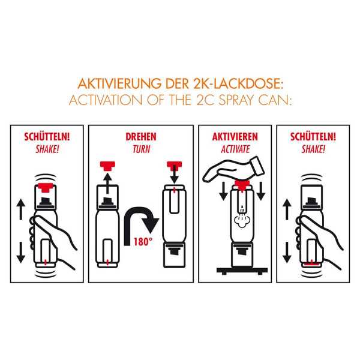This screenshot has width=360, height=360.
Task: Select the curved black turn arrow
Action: (x=143, y=219)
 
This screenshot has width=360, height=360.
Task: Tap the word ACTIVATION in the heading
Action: (x=104, y=98)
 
